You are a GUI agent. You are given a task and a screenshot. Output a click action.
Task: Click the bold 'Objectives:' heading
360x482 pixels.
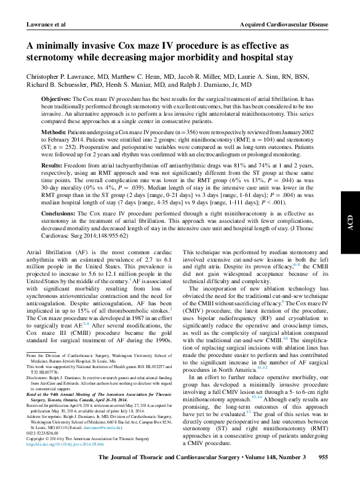point(57,98)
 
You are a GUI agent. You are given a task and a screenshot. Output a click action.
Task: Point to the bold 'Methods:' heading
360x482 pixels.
point(54,132)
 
